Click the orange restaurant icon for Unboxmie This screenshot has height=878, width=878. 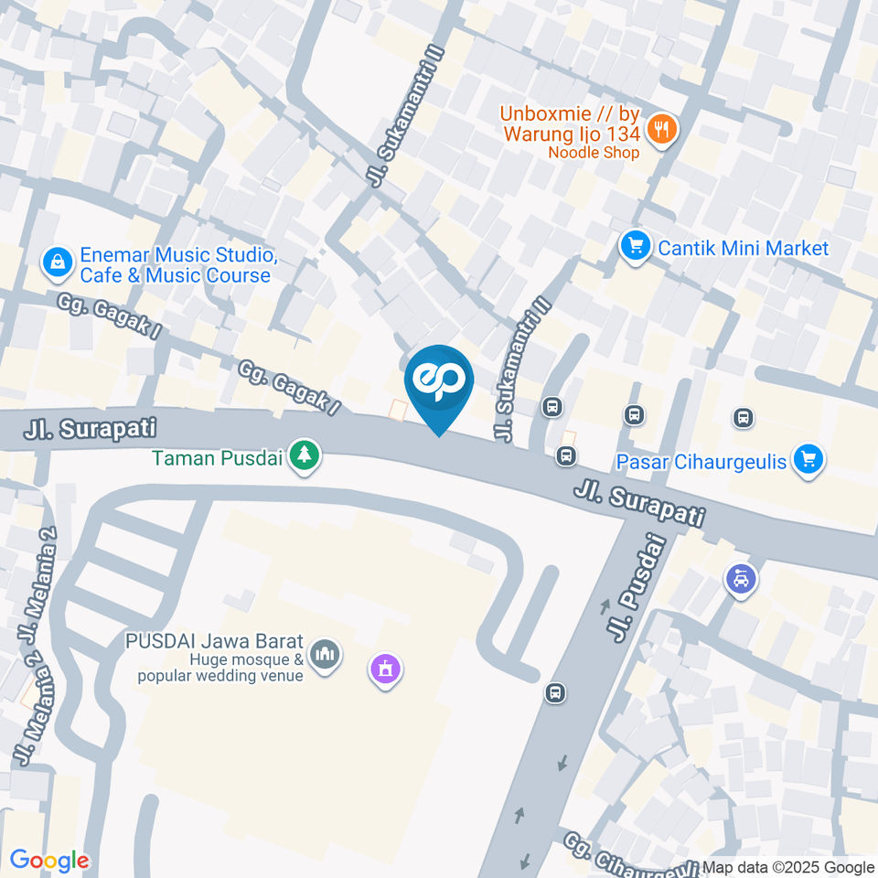660,129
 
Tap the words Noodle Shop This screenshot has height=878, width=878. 594,153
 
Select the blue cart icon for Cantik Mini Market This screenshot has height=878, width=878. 634,247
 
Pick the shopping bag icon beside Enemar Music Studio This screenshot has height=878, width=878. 58,263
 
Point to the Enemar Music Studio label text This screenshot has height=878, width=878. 175,265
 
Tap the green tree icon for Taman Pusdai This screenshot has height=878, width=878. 303,454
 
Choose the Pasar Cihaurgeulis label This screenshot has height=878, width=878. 701,462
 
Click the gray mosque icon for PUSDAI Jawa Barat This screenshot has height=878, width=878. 322,654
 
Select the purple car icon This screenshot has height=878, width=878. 741,578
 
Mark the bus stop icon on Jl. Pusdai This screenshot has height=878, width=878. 554,692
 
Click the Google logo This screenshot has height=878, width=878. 48,861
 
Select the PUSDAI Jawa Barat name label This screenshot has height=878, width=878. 216,641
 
